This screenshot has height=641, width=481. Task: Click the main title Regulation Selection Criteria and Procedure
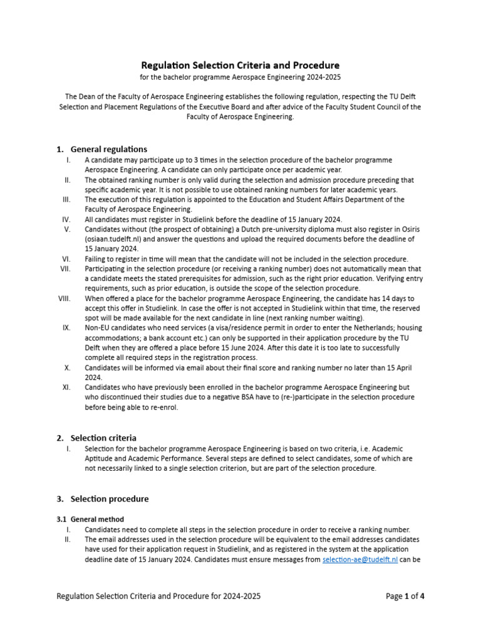pyautogui.click(x=240, y=65)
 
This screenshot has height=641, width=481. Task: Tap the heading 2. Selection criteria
pyautogui.click(x=103, y=438)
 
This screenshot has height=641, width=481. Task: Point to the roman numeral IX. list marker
pyautogui.click(x=66, y=327)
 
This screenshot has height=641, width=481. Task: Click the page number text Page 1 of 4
pyautogui.click(x=405, y=596)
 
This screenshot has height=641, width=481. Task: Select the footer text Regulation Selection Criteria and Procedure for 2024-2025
pyautogui.click(x=158, y=596)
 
